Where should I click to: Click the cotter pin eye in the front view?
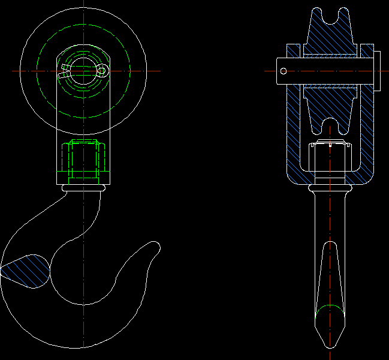pyautogui.click(x=102, y=71)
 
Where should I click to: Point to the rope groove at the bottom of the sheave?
pyautogui.click(x=329, y=126)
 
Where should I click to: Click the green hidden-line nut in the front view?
pyautogui.click(x=83, y=161)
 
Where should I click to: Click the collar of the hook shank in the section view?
pyautogui.click(x=328, y=188)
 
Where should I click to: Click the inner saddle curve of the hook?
pyautogui.click(x=81, y=303)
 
